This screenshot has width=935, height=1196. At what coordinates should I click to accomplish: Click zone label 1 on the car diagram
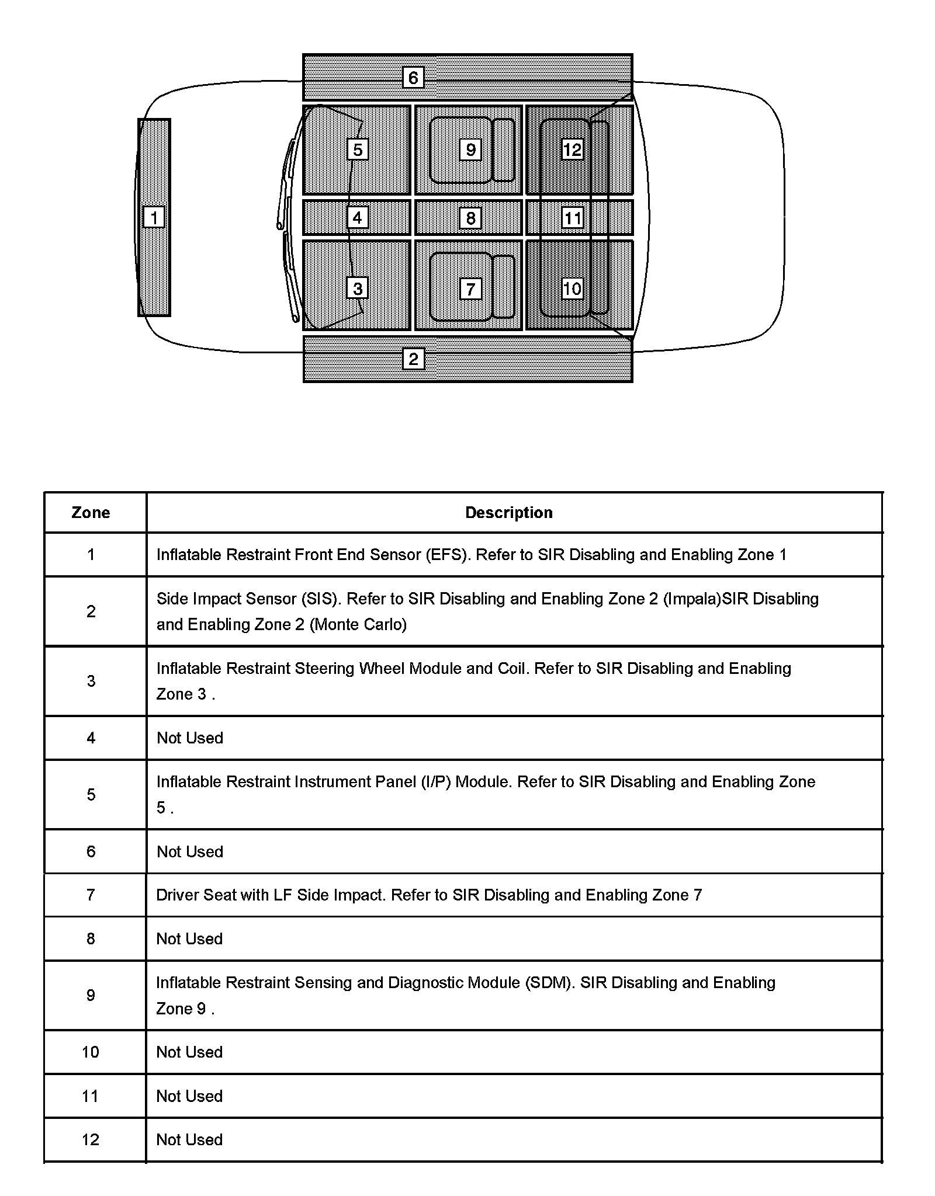(x=154, y=218)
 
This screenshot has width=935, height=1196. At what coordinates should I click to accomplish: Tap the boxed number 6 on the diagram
(x=413, y=78)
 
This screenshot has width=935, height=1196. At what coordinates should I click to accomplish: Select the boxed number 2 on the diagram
(x=413, y=359)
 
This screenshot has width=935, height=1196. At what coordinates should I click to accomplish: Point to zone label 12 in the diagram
(x=572, y=149)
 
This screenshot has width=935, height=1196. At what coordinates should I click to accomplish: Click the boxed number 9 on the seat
(x=470, y=149)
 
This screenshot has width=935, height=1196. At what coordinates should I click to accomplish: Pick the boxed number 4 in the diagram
(x=358, y=218)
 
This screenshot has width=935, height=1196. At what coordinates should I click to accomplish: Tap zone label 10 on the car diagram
(x=572, y=288)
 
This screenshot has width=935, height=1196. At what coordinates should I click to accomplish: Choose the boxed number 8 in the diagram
(x=470, y=218)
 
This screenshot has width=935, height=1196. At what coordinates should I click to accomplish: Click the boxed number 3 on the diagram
(x=358, y=288)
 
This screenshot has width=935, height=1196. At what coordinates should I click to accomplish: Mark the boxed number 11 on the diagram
(x=572, y=218)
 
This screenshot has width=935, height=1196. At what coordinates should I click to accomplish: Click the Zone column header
(x=91, y=513)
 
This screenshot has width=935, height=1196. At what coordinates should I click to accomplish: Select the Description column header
(x=508, y=513)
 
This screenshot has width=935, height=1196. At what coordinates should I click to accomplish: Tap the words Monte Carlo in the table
(x=358, y=625)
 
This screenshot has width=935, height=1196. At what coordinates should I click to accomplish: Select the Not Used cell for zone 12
(x=189, y=1140)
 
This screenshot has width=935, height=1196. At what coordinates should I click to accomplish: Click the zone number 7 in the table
(x=91, y=895)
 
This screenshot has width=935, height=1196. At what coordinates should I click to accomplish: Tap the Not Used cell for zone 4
(x=189, y=738)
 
